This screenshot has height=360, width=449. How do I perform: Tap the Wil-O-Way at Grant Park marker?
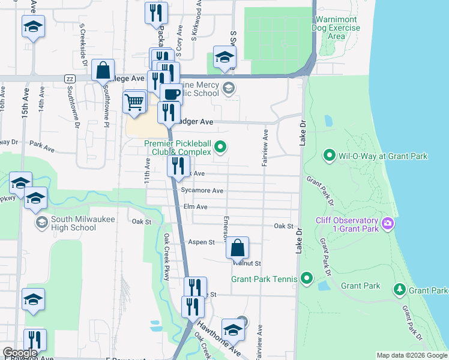329,156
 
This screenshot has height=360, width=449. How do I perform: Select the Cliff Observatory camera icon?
388,224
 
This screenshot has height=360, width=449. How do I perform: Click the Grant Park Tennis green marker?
307,278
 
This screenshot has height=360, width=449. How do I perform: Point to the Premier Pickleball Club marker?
221,146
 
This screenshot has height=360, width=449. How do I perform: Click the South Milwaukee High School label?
73,223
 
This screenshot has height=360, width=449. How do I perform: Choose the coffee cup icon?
171,94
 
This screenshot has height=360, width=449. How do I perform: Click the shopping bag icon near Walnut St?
238,247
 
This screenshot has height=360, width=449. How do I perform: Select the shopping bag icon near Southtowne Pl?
103,70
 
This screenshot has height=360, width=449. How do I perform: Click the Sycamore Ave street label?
202,191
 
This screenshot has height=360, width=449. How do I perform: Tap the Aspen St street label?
202,242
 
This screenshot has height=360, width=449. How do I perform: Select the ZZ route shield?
70,79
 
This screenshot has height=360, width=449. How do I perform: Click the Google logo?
20,353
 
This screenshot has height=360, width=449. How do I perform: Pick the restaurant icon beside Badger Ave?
169,112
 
